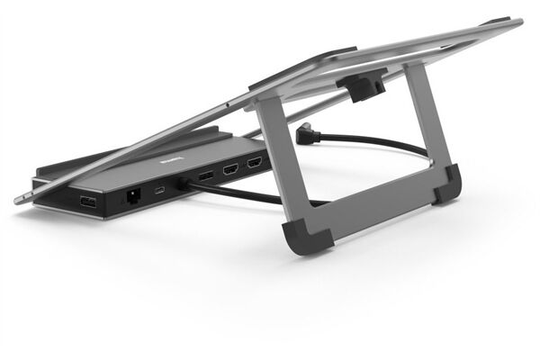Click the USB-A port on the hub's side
[x=88, y=201]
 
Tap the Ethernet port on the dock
[x=133, y=194]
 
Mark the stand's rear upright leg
[x=424, y=117]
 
